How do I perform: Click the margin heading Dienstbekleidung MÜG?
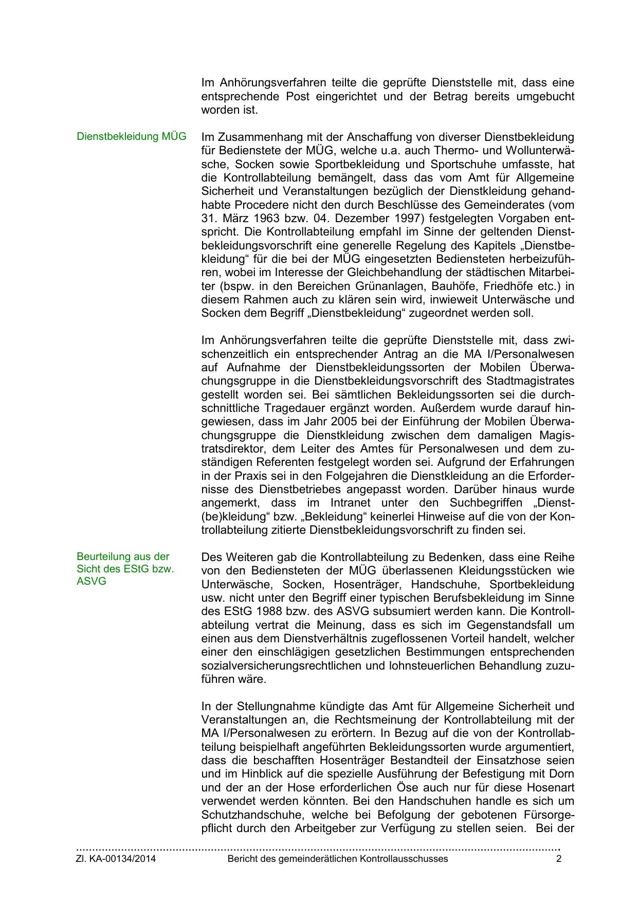[131, 137]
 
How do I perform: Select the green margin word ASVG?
[92, 582]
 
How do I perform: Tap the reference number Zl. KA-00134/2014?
[116, 859]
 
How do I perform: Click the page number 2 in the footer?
[558, 859]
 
